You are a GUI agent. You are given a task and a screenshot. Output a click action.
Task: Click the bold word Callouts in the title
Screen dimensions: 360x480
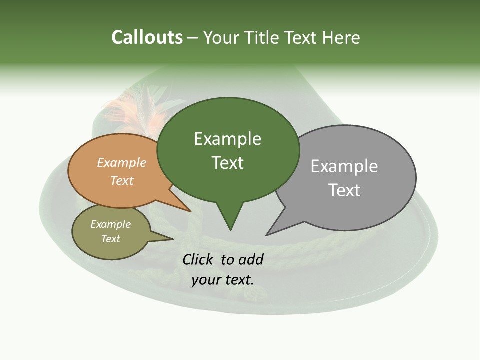pyautogui.click(x=147, y=37)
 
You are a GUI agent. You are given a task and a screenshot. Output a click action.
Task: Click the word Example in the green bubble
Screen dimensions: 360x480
pyautogui.click(x=227, y=139)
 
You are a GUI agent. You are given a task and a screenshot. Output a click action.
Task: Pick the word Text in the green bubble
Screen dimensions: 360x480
pyautogui.click(x=227, y=163)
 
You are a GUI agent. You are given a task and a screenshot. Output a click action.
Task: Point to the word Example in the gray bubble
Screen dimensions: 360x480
pyautogui.click(x=344, y=166)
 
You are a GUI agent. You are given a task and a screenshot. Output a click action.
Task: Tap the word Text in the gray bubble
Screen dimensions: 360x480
pyautogui.click(x=344, y=190)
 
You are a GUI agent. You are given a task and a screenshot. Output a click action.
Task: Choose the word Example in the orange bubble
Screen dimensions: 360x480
pyautogui.click(x=122, y=163)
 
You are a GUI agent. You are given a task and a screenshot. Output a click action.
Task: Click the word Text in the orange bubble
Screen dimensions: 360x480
pyautogui.click(x=122, y=180)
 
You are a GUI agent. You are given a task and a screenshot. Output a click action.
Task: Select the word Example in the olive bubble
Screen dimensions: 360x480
pyautogui.click(x=110, y=225)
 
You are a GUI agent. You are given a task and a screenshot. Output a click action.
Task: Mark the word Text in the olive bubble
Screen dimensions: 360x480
pyautogui.click(x=110, y=239)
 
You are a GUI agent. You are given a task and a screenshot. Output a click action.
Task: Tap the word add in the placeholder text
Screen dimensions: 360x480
pyautogui.click(x=251, y=260)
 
